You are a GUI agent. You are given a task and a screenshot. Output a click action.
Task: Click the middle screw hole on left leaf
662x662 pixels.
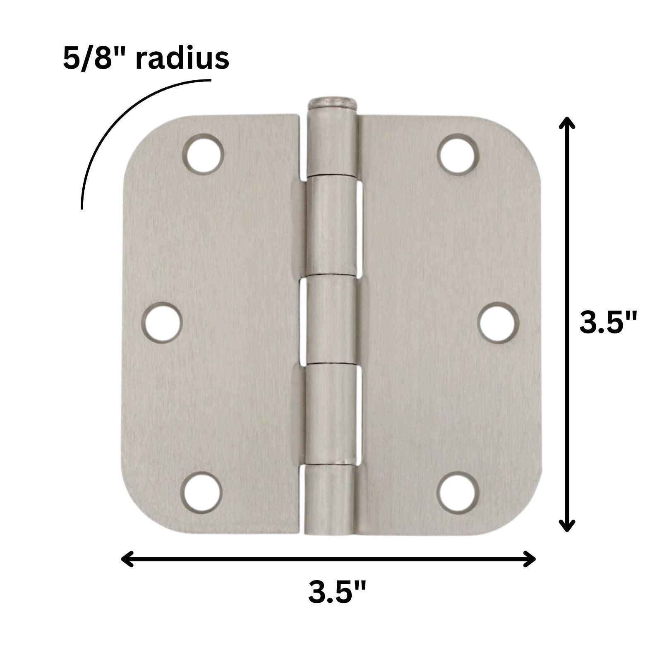[x=162, y=322]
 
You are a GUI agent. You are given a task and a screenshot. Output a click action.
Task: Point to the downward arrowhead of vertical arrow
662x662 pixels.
[x=567, y=525]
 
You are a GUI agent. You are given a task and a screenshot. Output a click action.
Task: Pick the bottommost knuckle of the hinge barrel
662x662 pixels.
[x=330, y=499]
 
